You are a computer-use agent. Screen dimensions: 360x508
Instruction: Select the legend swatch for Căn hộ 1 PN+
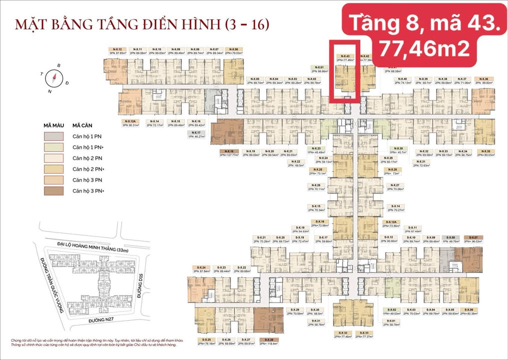[53, 147]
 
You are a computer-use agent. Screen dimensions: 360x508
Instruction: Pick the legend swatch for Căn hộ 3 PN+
[53, 190]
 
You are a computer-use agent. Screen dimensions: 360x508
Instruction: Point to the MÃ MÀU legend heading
[53, 125]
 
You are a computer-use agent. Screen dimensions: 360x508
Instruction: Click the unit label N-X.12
[116, 49]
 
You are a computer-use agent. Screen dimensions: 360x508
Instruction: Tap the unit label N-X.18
[229, 151]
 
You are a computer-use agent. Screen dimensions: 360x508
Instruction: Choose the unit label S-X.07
[473, 237]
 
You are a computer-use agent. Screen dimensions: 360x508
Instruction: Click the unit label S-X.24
[202, 268]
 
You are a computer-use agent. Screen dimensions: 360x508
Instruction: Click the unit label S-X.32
[342, 332]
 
